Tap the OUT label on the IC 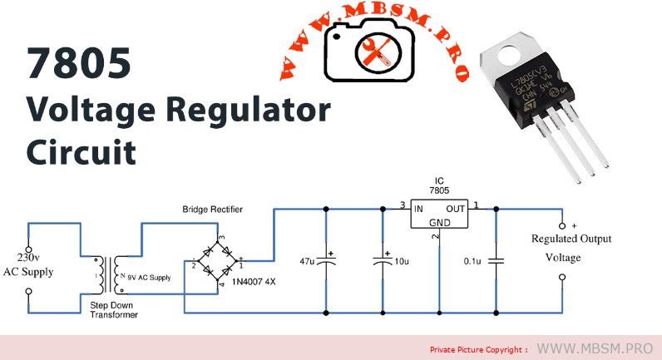(456, 208)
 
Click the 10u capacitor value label (403, 261)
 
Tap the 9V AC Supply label (149, 277)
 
